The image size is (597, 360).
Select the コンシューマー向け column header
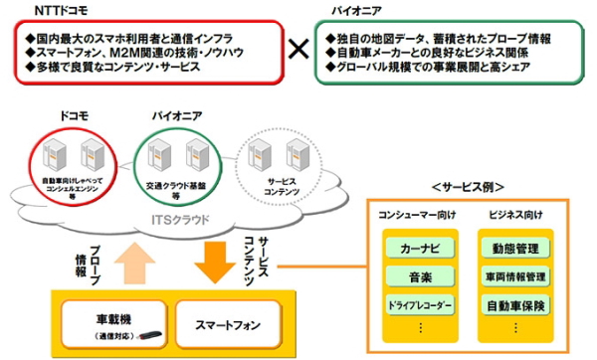(x=418, y=214)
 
